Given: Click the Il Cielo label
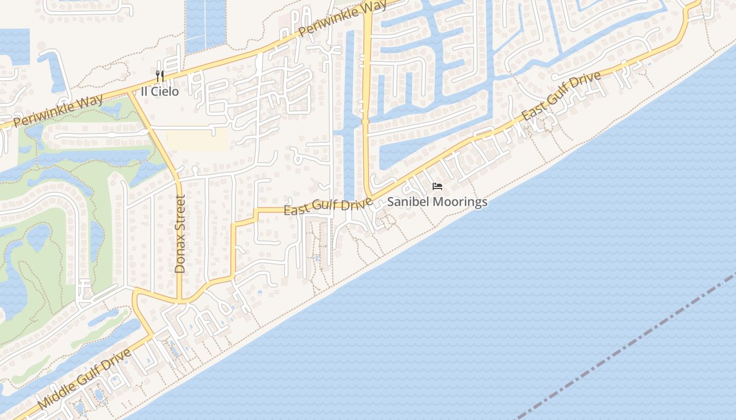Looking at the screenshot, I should point(159,91).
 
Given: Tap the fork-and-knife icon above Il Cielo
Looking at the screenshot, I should point(160,76).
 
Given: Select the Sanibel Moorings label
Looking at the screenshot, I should point(437,202).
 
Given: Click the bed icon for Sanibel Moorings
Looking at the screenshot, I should point(437,186).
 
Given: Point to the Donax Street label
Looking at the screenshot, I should point(180,234).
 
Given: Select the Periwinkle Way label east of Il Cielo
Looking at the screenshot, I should point(342,19).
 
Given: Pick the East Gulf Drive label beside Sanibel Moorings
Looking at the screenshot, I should point(328,206).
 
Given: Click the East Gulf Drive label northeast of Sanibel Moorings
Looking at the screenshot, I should point(561,96).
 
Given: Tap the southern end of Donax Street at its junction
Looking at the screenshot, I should point(180,302).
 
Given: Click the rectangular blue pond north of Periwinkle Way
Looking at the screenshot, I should point(206,24).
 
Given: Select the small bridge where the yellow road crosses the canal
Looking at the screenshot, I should point(366,121).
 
